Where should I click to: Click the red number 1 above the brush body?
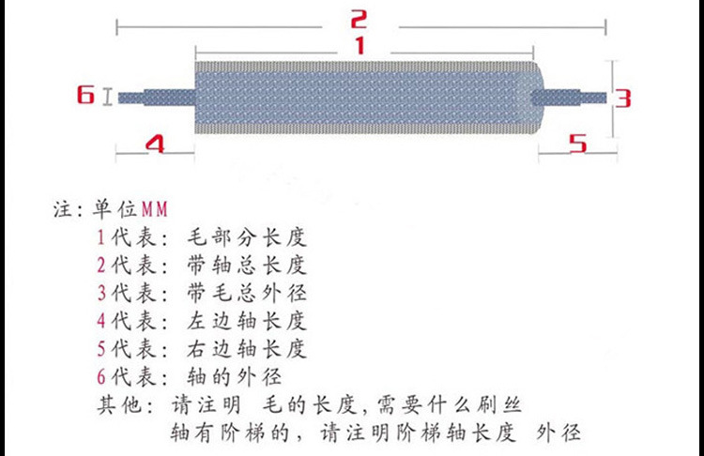[359, 45]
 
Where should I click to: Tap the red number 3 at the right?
[623, 97]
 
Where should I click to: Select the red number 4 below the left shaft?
[155, 144]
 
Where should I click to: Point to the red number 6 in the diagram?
[85, 95]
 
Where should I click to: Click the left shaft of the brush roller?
[155, 97]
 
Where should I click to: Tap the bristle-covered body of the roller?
[366, 98]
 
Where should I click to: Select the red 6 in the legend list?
[101, 378]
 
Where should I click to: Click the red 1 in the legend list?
[101, 235]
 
